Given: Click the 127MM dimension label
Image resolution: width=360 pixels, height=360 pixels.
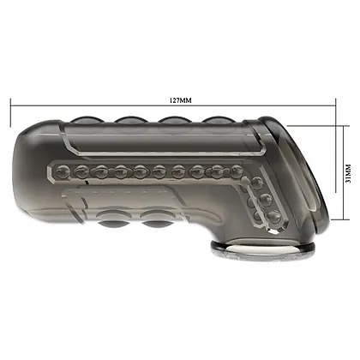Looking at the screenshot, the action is [181, 100].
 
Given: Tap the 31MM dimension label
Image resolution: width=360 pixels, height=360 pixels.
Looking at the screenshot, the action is [348, 173].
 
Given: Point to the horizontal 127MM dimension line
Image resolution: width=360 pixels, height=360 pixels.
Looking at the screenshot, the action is [173, 105].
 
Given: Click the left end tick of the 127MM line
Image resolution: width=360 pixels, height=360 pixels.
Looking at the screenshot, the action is [10, 112].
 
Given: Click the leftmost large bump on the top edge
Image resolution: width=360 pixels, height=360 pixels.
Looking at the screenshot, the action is [85, 120].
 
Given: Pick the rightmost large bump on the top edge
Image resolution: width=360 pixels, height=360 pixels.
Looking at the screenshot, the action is [219, 120].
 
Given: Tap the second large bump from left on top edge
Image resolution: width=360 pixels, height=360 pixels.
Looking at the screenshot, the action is [130, 120].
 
